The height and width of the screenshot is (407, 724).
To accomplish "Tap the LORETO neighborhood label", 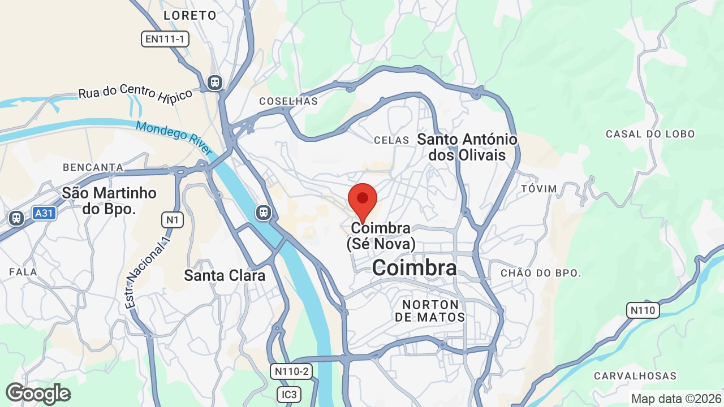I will click(x=190, y=15).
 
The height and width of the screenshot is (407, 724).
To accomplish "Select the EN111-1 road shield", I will click(x=165, y=39).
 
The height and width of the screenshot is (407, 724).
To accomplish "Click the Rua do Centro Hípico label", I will click(x=135, y=93).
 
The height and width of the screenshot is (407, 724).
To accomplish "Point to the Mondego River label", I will click(x=174, y=138).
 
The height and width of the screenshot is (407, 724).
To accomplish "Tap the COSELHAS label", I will click(x=288, y=101).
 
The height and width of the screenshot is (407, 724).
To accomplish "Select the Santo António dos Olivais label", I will click(x=467, y=147).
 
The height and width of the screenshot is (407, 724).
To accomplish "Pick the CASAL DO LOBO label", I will click(x=650, y=134).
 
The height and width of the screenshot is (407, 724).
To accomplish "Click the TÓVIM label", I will click(x=538, y=188).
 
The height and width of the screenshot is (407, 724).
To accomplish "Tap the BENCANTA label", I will click(x=93, y=167).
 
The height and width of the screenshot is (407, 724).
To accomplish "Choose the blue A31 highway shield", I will click(x=44, y=213).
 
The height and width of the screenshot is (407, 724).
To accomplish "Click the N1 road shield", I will click(x=173, y=219).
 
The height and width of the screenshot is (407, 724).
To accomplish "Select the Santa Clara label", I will click(x=225, y=276).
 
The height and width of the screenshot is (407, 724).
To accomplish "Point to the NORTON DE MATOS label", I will click(x=430, y=311).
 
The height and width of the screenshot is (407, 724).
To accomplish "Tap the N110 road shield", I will click(x=643, y=310).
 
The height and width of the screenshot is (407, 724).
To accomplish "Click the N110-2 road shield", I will click(x=291, y=371).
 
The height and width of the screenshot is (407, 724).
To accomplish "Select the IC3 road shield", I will click(x=289, y=394).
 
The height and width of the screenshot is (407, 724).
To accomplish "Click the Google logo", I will click(x=38, y=393).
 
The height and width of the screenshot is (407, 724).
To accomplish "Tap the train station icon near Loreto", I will click(x=215, y=83).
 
